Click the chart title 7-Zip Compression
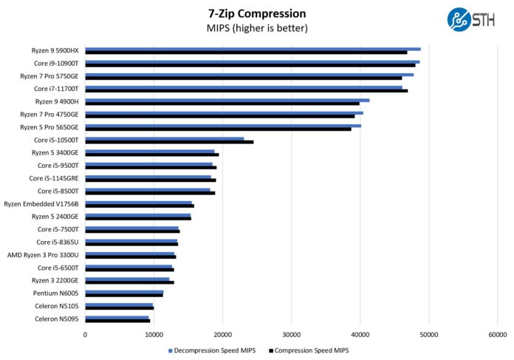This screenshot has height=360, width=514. [257, 13]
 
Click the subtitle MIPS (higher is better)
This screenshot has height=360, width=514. [257, 29]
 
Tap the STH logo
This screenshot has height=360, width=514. [470, 18]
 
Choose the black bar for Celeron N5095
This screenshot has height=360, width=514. [117, 321]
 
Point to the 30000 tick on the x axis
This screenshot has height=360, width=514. [292, 335]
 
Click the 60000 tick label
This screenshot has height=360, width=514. [498, 335]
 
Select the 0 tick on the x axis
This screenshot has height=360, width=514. [86, 335]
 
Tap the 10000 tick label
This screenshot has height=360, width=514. [154, 335]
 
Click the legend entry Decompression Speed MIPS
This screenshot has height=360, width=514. [215, 350]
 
